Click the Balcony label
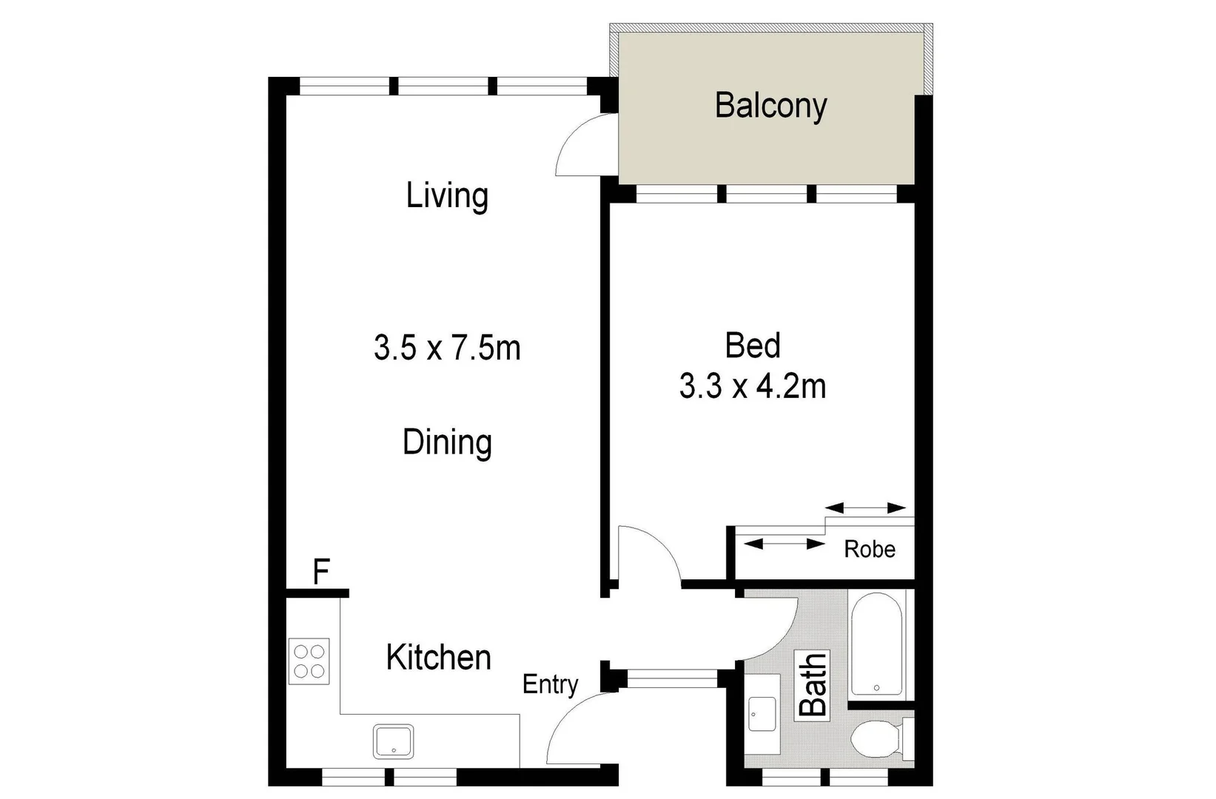tap(770, 106)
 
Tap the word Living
tap(447, 196)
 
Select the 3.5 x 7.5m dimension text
tap(447, 348)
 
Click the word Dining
tap(447, 442)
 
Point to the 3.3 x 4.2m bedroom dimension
tap(753, 387)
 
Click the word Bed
tap(753, 345)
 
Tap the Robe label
tap(870, 549)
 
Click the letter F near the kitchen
tap(320, 572)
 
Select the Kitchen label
tap(438, 658)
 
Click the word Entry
tap(550, 684)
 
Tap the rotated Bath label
tap(813, 684)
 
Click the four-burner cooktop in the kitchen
tap(309, 661)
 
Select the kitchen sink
tap(393, 741)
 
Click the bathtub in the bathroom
tap(876, 644)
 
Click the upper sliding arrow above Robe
tap(865, 508)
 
